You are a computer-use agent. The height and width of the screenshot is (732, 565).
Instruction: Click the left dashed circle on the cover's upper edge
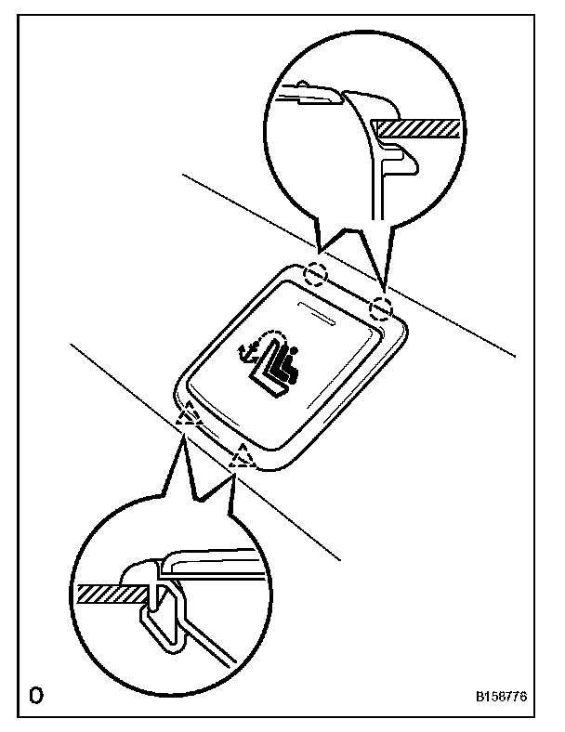[x=317, y=274]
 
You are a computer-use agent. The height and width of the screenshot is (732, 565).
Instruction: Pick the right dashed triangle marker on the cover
[x=243, y=456]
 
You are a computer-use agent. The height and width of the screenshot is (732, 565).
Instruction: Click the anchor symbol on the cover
[x=247, y=355]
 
